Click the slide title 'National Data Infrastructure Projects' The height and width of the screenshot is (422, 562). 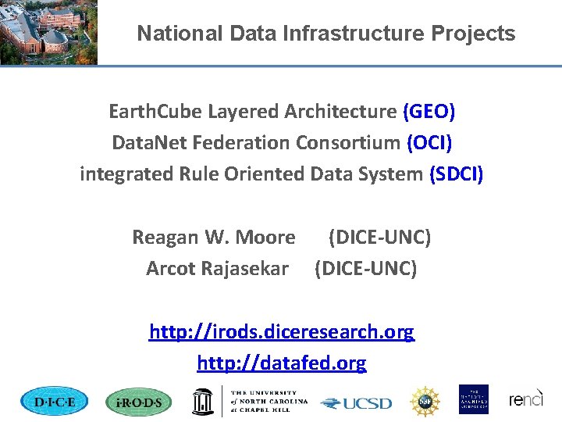tap(325, 34)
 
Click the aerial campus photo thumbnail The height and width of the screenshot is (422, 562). tap(48, 31)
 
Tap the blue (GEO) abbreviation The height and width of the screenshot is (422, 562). tap(429, 112)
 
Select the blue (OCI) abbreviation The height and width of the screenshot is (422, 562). tap(429, 143)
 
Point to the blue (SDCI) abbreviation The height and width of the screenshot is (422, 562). tap(457, 174)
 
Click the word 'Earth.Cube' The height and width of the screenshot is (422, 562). tap(155, 112)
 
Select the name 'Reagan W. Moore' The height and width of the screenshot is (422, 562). tap(213, 237)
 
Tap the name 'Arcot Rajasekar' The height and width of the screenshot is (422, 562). tap(217, 269)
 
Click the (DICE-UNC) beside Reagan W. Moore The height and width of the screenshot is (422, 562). tap(379, 237)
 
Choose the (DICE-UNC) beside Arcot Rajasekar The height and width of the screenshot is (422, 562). tap(365, 269)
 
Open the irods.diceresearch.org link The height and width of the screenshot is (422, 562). tap(282, 332)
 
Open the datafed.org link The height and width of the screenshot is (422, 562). tap(282, 363)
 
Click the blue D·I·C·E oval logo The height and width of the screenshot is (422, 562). tap(54, 402)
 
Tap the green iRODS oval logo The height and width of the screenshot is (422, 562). tap(138, 402)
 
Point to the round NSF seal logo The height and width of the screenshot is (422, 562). tap(425, 401)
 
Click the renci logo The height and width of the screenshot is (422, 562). tap(526, 400)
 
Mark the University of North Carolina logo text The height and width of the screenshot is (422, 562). tap(269, 401)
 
